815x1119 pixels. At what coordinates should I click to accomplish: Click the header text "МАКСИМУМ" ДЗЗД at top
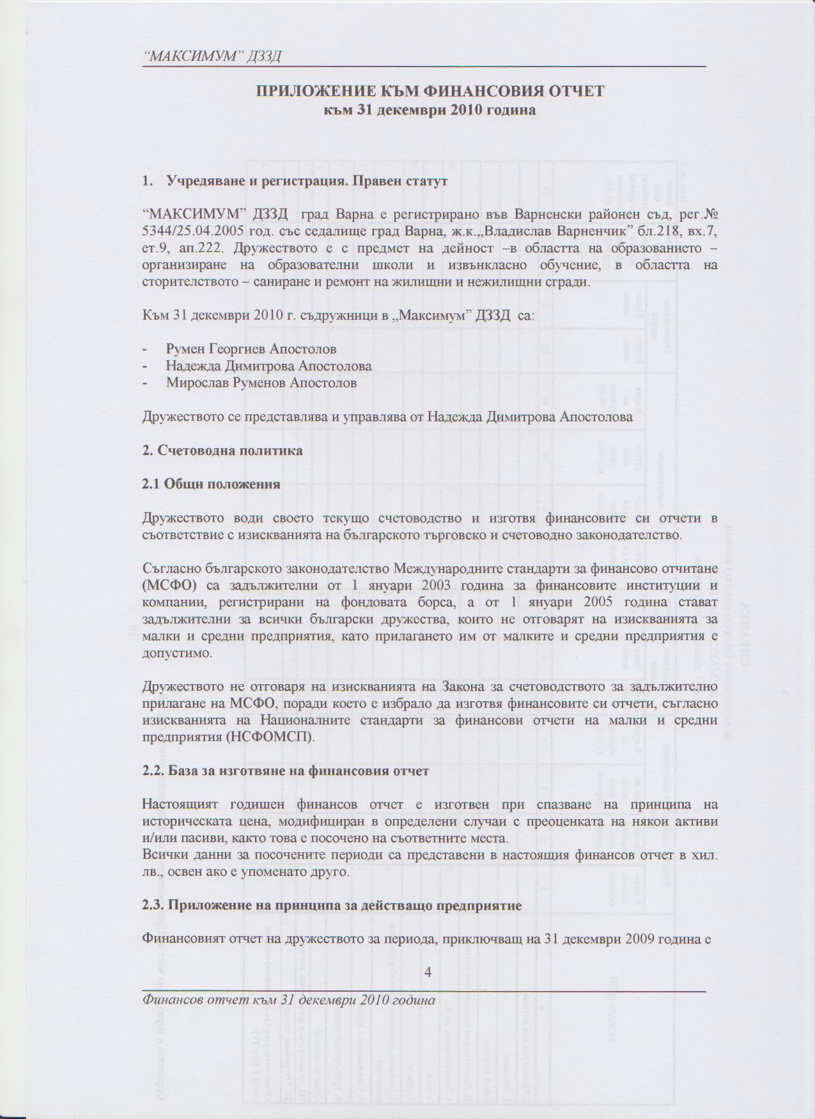click(x=212, y=56)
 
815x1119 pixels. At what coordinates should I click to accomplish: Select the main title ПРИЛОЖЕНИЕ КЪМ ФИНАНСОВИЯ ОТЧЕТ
click(x=430, y=91)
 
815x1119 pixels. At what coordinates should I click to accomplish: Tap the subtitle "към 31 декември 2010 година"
click(x=430, y=110)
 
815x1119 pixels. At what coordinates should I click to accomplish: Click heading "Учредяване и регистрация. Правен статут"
click(x=306, y=180)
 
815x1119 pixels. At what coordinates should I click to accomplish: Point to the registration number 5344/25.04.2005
click(x=195, y=230)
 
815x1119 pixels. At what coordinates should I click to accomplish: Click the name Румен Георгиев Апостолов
click(x=251, y=349)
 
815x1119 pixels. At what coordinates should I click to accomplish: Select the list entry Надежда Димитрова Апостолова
click(x=268, y=366)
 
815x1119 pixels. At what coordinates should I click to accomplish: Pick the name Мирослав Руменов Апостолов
click(x=261, y=383)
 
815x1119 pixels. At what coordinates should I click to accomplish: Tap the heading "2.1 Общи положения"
click(x=211, y=484)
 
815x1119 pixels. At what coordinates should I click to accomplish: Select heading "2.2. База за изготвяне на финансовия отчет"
click(x=285, y=771)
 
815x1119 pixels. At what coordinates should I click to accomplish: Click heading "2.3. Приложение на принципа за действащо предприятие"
click(x=332, y=906)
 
